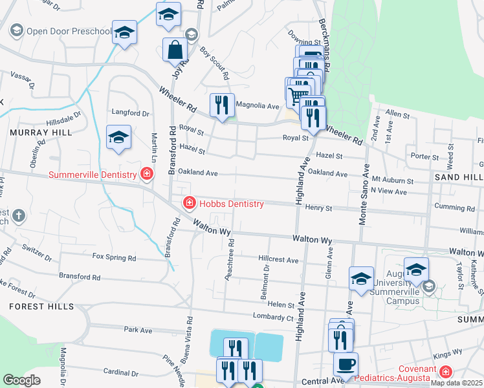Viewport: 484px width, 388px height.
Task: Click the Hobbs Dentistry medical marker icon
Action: pos(189,204)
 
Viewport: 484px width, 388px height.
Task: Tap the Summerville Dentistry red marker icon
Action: pos(147,175)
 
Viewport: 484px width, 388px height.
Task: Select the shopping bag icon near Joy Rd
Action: pos(175,49)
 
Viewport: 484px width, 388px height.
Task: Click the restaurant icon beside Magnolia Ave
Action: pos(222,105)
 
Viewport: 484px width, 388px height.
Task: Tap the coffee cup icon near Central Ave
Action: pos(346,363)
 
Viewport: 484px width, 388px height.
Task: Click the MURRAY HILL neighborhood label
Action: pos(31,132)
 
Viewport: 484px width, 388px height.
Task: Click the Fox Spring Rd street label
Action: pos(115,257)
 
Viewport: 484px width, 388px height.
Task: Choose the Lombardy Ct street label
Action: pos(272,318)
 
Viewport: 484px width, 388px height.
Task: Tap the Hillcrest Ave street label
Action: pos(278,260)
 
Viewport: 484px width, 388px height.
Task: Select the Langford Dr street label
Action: pos(126,113)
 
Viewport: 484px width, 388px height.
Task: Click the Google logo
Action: pos(21,380)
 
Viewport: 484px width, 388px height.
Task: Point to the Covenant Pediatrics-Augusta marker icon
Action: pos(445,372)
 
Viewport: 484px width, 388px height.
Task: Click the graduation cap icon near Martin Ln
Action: pos(119,137)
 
